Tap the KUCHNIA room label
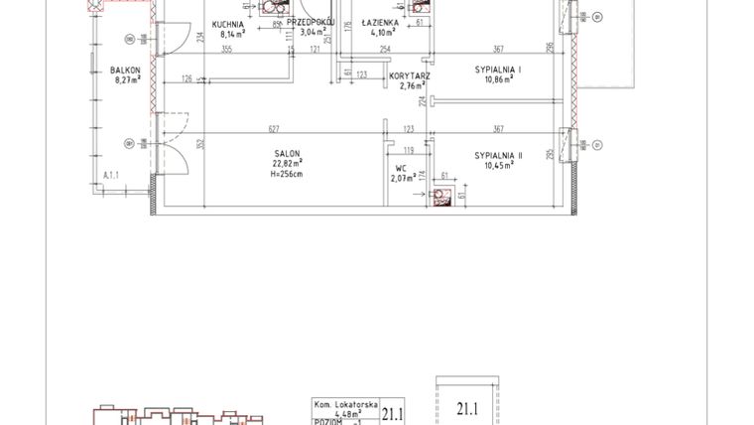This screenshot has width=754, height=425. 229,22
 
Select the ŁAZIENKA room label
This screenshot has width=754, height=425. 381,22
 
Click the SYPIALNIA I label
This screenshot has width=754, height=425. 498,69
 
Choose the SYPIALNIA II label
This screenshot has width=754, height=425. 498,156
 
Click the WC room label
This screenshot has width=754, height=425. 402,168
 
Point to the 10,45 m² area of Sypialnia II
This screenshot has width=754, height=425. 498,166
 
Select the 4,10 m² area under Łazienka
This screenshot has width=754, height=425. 381,32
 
